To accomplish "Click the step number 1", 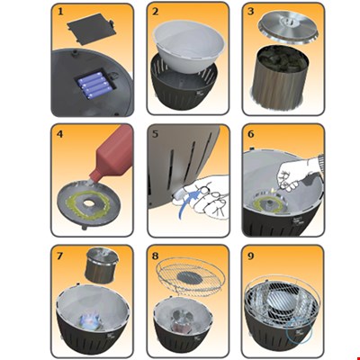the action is click(x=60, y=12).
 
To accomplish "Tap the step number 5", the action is click(x=155, y=134).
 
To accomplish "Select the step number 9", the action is click(x=251, y=256).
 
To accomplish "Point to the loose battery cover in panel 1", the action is click(x=89, y=28).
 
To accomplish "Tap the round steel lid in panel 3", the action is click(x=289, y=27).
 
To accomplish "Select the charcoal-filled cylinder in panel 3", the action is click(x=282, y=79).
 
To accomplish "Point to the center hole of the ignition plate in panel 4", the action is click(x=88, y=203).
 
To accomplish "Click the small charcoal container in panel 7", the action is click(x=102, y=265).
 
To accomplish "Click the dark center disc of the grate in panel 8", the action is click(x=189, y=276).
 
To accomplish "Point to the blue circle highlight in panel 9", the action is click(x=299, y=331).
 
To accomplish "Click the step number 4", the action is click(x=60, y=134).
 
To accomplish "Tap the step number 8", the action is click(x=155, y=256).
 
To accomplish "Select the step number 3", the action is click(x=251, y=12).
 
